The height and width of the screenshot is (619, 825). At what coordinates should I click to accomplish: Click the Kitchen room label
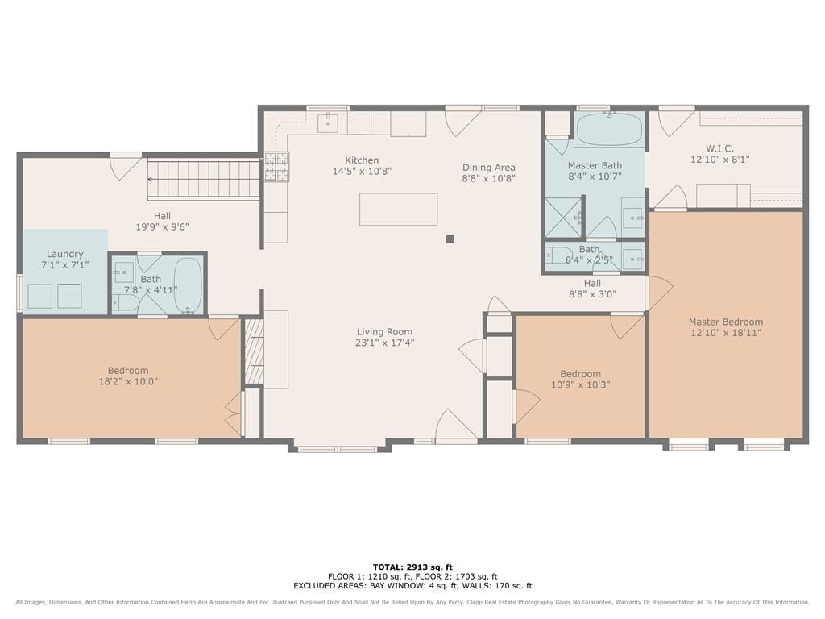click(x=362, y=160)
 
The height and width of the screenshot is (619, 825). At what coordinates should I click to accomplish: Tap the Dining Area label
click(x=489, y=168)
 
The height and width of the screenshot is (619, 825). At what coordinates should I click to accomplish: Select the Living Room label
click(x=384, y=331)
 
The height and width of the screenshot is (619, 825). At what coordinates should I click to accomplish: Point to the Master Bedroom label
click(x=726, y=322)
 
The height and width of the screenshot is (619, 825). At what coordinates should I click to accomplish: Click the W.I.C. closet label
click(x=719, y=148)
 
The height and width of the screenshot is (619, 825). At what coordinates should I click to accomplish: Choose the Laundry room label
click(x=65, y=254)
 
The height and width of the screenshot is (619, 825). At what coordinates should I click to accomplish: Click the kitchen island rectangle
click(x=399, y=209)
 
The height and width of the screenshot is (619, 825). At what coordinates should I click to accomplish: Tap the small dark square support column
click(x=450, y=239)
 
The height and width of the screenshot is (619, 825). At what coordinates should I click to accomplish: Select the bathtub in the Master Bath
click(x=609, y=130)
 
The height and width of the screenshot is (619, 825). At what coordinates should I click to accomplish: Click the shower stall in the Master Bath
click(x=564, y=217)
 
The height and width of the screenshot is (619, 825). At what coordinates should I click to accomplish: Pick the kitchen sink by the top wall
click(x=327, y=123)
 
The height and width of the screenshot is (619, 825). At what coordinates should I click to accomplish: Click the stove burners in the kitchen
click(x=276, y=166)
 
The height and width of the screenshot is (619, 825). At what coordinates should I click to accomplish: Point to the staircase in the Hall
click(x=204, y=179)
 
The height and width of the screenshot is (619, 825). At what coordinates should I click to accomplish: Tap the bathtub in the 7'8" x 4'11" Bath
click(x=187, y=285)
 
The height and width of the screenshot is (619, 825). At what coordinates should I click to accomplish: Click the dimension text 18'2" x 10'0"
click(x=128, y=381)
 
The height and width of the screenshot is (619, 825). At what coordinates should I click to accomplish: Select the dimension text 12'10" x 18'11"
click(x=726, y=333)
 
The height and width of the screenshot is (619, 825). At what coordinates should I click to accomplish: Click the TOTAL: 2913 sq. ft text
click(x=412, y=567)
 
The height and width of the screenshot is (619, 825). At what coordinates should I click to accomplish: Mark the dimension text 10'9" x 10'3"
click(x=580, y=384)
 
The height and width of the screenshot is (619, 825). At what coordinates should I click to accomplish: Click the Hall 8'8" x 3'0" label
click(x=592, y=289)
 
